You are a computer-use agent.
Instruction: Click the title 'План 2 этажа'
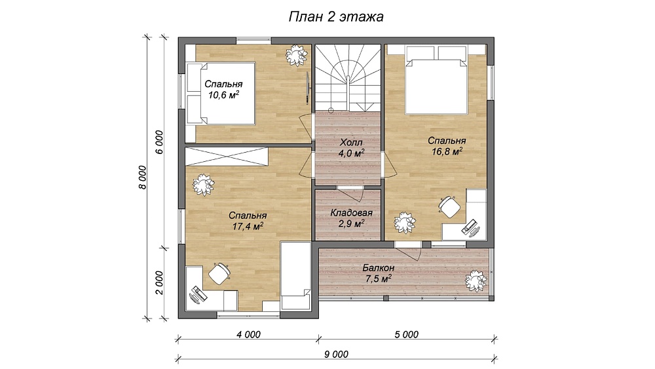tap(336, 17)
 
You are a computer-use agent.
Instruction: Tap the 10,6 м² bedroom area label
tap(223, 95)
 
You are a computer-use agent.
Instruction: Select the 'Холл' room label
tap(351, 142)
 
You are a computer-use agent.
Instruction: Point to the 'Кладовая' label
tap(351, 213)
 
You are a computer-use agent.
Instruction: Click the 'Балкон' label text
tap(379, 267)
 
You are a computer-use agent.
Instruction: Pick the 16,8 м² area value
tap(447, 151)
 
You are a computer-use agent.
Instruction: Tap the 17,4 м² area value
tap(248, 226)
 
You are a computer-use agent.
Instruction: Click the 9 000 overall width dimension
tap(336, 355)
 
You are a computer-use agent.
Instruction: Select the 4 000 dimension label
tap(248, 334)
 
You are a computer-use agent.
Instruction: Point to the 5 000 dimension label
tap(407, 334)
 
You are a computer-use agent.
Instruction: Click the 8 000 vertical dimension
tap(143, 178)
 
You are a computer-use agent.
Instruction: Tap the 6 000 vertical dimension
tap(160, 142)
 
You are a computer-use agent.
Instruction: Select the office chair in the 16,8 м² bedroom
tap(449, 206)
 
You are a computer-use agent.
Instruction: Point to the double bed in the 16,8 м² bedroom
tap(436, 79)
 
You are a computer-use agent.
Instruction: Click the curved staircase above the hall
tap(348, 78)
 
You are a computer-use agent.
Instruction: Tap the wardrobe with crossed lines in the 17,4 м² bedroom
tap(226, 156)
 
